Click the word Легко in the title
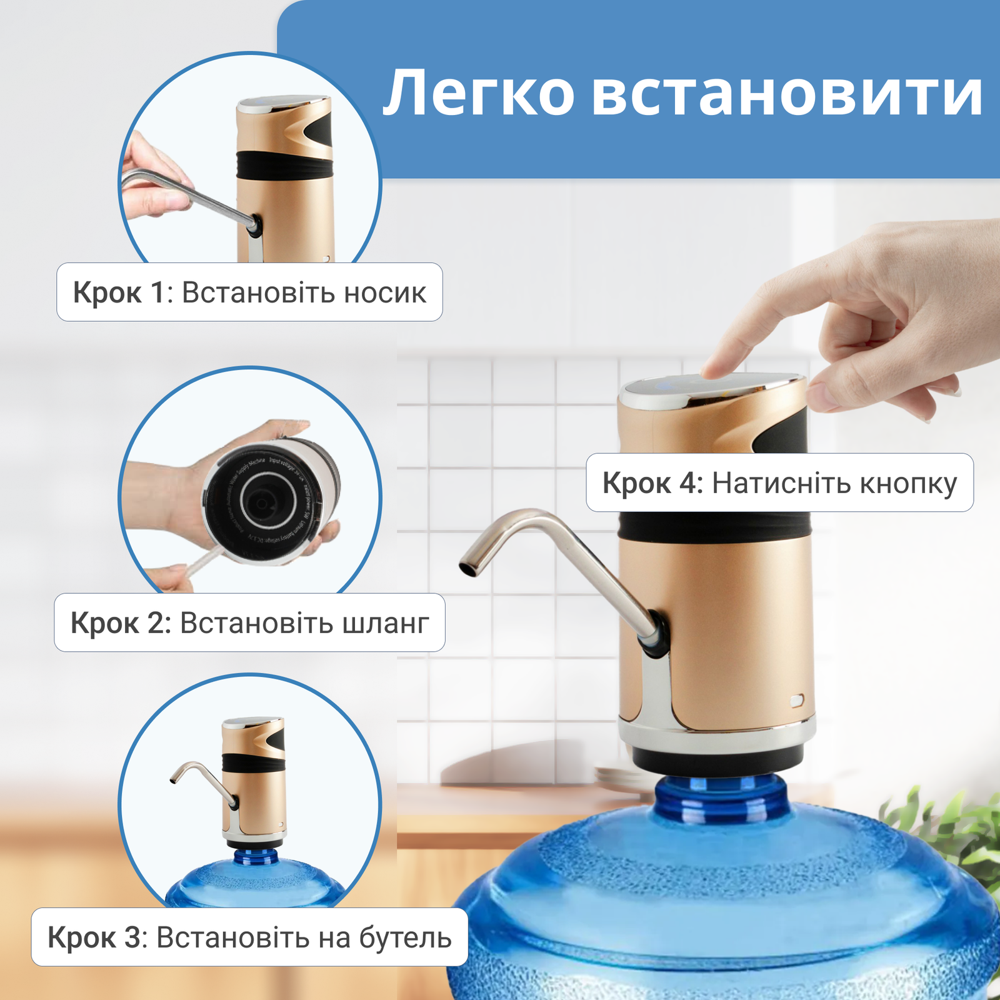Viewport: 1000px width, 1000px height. click(x=478, y=94)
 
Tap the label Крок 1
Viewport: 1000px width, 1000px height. click(x=118, y=292)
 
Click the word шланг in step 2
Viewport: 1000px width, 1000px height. click(x=386, y=623)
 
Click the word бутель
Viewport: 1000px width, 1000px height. click(x=404, y=937)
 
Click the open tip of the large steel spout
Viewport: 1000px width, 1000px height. click(x=467, y=569)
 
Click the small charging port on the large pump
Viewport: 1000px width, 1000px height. click(x=796, y=701)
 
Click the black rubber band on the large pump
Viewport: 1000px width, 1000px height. click(x=716, y=527)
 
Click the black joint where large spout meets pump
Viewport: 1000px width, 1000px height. click(x=657, y=634)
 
